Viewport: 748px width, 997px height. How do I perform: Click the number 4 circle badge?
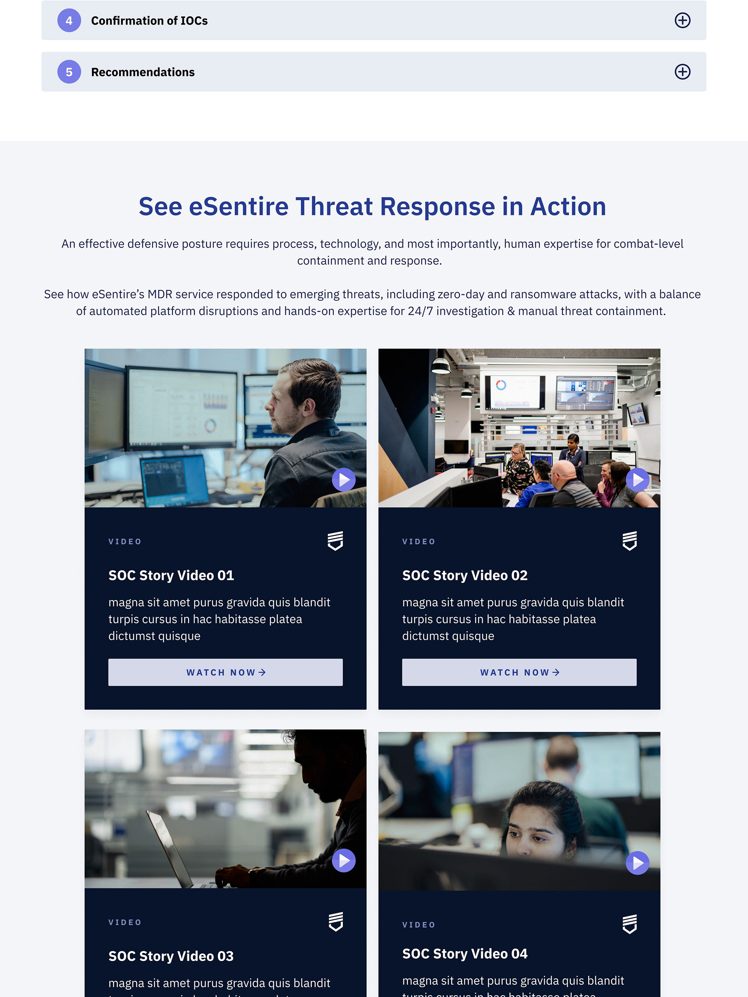69,20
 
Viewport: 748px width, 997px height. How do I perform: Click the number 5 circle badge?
69,72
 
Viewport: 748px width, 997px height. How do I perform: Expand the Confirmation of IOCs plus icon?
682,20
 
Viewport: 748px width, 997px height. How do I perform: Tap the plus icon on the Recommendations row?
682,72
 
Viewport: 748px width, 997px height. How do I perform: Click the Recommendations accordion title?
143,72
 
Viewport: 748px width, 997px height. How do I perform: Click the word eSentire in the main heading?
238,206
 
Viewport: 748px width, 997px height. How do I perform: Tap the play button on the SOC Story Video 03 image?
344,860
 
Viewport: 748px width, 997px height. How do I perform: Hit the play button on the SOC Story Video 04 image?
637,863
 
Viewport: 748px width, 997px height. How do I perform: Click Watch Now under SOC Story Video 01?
226,672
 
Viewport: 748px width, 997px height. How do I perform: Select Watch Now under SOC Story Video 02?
519,672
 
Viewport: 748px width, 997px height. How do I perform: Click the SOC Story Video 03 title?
171,956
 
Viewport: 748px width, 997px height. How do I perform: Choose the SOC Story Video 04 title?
465,954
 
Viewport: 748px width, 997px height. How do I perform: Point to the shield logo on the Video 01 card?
335,541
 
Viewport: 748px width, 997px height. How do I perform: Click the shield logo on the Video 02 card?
630,541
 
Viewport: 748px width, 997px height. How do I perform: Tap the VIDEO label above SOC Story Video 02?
419,542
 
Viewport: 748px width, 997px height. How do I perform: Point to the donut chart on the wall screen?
501,385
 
